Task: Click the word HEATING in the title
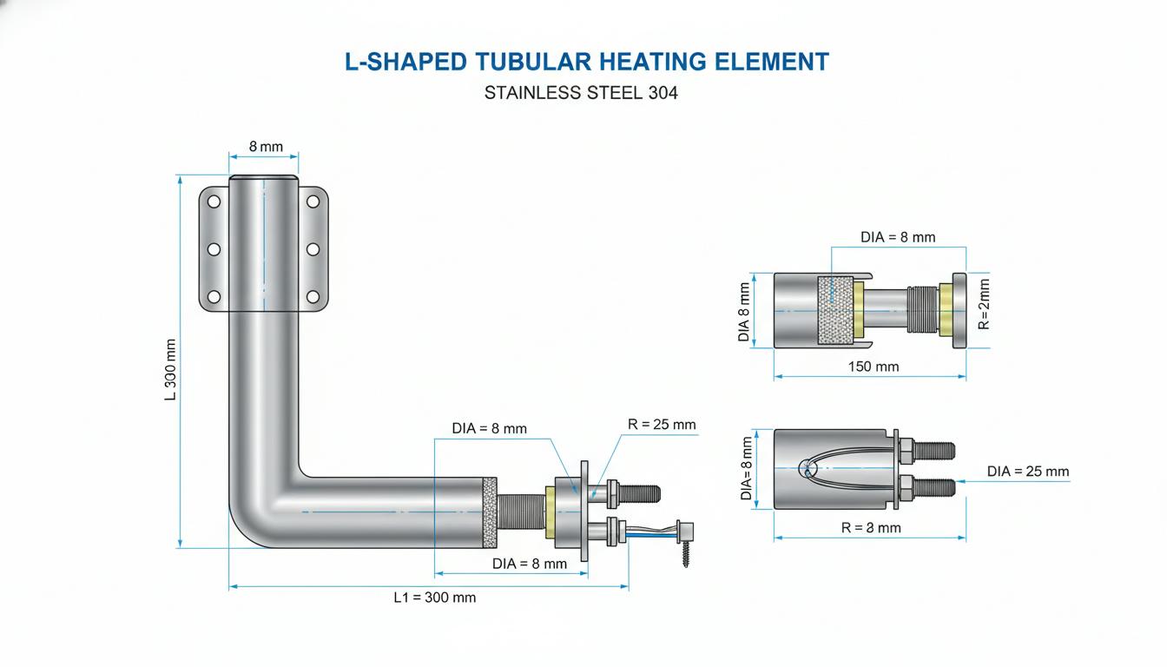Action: point(653,62)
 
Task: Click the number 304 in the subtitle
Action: point(663,93)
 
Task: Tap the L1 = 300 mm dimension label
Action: point(434,598)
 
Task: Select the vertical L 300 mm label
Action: point(170,369)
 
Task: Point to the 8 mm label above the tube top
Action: point(266,147)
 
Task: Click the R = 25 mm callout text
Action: point(662,424)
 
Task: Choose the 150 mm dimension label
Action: point(874,367)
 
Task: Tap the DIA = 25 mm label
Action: point(1028,471)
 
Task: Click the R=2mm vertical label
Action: point(984,304)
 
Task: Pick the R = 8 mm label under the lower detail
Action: point(871,528)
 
